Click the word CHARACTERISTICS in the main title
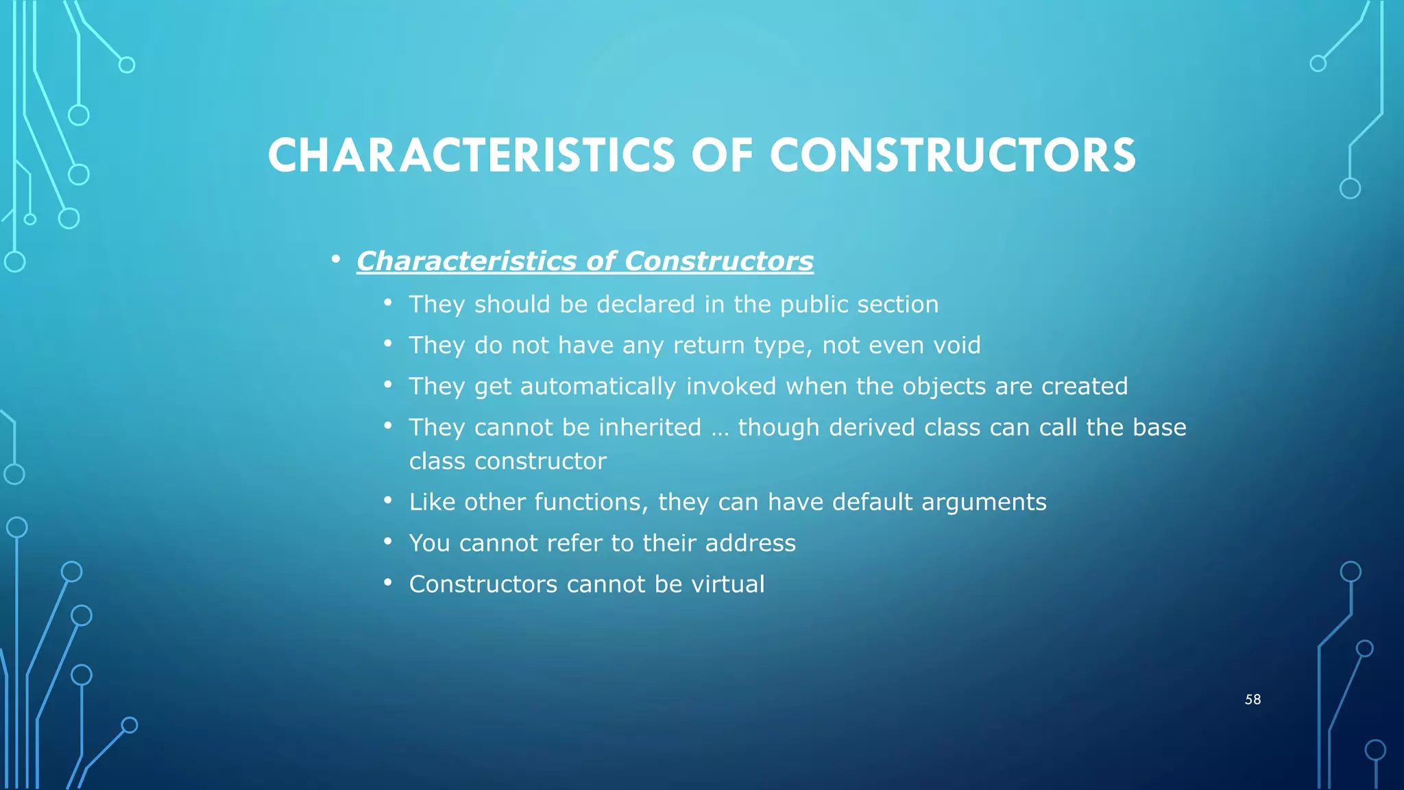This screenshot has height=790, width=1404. point(471,155)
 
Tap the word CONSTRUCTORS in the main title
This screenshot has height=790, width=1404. point(953,155)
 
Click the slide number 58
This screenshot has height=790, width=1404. point(1252,699)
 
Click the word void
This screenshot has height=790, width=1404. point(954,345)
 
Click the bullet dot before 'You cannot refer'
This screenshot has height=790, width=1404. point(388,542)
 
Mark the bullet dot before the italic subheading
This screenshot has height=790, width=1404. point(335,260)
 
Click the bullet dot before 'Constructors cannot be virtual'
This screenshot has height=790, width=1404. point(388,583)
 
